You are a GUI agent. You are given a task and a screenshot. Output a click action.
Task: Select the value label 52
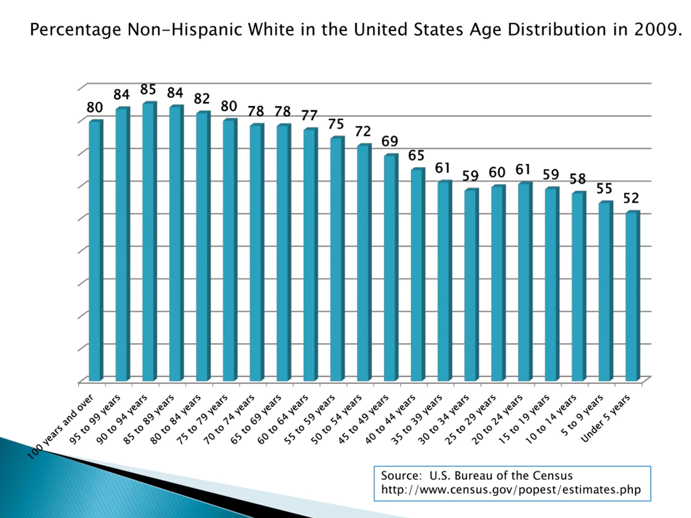(631, 198)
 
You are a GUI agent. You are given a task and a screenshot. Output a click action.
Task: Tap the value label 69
(389, 141)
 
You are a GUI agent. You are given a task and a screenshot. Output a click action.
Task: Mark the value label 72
(363, 131)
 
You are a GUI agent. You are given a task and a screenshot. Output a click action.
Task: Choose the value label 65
(416, 155)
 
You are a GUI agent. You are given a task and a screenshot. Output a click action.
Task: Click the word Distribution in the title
(556, 30)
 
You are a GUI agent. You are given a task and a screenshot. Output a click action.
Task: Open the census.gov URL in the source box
(511, 489)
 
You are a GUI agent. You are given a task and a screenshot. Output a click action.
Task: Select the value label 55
(604, 189)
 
